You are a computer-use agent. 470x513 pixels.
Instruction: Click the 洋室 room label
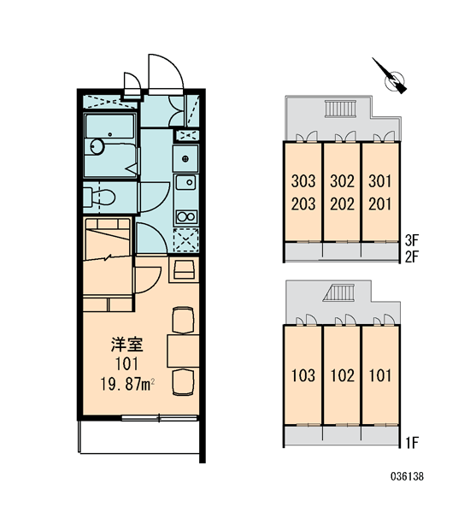point(127,345)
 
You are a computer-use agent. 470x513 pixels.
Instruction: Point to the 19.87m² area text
point(127,384)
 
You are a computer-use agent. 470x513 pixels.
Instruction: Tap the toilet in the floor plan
point(99,198)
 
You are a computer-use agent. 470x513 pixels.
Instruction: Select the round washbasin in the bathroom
point(97,146)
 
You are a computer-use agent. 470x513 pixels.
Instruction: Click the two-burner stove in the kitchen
point(186,216)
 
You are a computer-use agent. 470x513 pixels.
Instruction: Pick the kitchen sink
point(185,182)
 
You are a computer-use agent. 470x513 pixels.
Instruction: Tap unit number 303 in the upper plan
point(303,181)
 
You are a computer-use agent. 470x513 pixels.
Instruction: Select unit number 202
point(342,204)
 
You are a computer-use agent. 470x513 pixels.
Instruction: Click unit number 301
point(379,181)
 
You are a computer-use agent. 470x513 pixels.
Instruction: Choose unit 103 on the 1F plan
point(303,375)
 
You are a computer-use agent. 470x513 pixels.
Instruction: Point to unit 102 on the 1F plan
point(342,375)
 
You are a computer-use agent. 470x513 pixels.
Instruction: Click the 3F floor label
point(411,240)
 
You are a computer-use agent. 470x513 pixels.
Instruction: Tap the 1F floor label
point(411,443)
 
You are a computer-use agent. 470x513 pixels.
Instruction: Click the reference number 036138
point(407,476)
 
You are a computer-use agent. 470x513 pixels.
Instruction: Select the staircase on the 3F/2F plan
point(339,109)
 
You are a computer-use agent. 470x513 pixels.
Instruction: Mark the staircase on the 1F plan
point(339,292)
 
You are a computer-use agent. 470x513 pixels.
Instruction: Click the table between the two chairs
point(183,351)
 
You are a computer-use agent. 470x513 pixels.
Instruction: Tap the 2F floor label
point(411,256)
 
